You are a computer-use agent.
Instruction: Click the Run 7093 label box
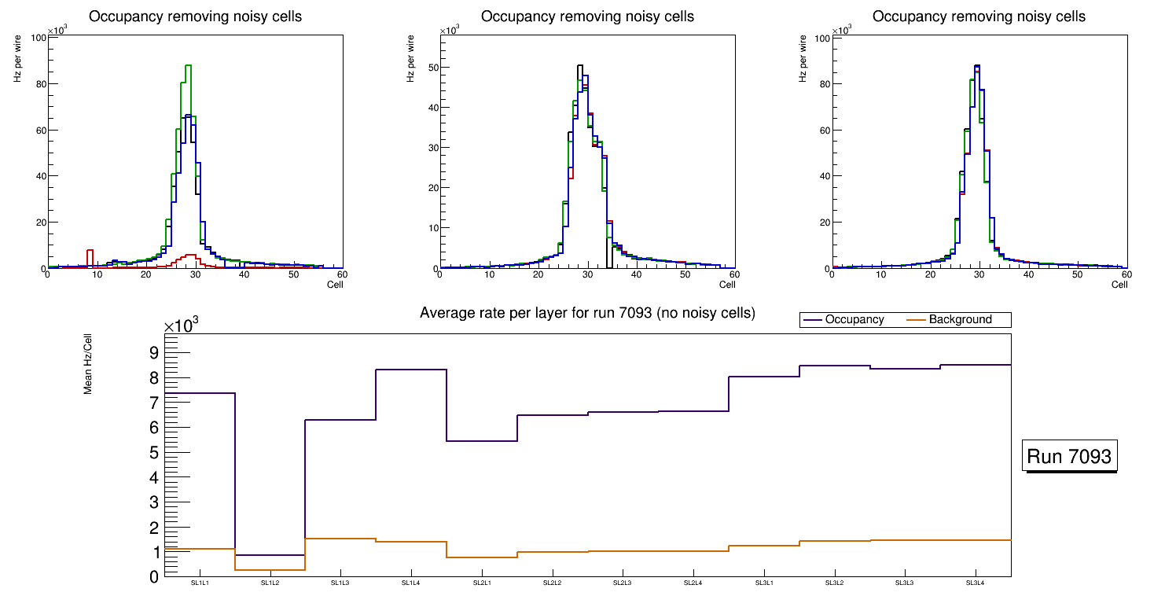[1070, 456]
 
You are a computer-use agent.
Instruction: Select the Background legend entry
[960, 320]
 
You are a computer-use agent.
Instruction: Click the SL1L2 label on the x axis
[270, 583]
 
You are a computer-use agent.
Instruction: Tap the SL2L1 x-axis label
[482, 583]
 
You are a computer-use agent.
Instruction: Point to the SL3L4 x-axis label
[976, 583]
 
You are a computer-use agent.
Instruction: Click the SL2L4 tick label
[693, 583]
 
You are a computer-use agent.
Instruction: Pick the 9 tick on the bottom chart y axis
[154, 352]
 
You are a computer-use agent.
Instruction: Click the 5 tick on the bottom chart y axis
[154, 453]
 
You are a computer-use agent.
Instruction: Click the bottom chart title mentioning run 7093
[587, 313]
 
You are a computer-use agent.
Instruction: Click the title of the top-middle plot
[587, 17]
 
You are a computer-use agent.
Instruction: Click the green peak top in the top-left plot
[188, 66]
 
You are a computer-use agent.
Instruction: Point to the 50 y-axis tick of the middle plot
[428, 67]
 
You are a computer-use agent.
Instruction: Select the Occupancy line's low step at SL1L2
[270, 555]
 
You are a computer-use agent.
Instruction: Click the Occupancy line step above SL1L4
[411, 370]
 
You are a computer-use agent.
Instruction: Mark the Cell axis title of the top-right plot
[1119, 285]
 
